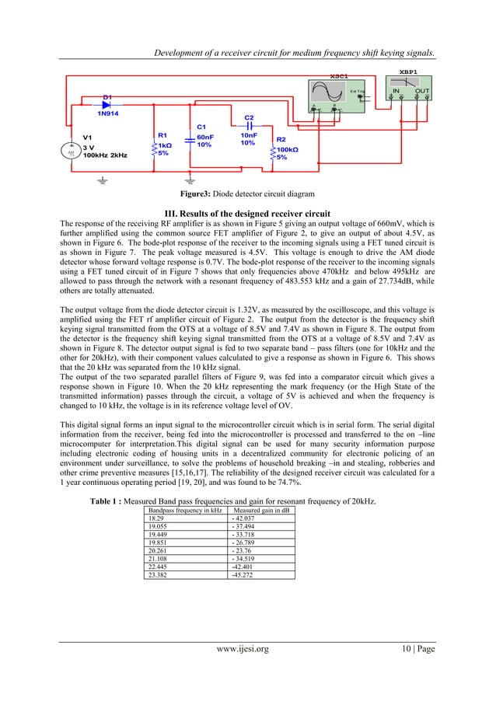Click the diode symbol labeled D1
[109, 103]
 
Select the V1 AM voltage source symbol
[72, 152]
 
